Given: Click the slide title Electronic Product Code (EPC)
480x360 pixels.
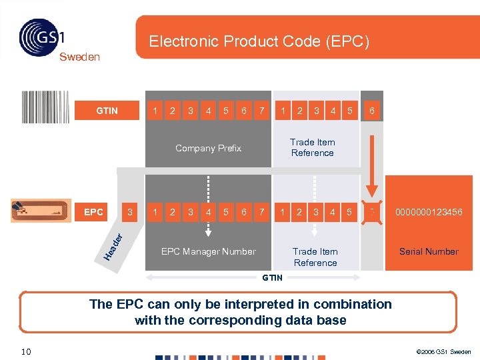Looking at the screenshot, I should (x=259, y=41).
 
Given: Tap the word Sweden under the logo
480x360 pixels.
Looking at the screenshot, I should (x=79, y=57).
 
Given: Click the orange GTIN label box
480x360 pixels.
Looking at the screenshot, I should (x=107, y=111).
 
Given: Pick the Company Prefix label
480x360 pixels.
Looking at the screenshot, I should (x=208, y=148).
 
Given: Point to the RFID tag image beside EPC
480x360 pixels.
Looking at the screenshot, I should (x=41, y=211).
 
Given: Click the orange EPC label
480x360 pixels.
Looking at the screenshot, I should (x=93, y=213).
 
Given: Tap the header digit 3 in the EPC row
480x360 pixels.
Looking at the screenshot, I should (x=131, y=213).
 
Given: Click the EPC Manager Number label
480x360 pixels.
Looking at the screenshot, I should (x=208, y=251).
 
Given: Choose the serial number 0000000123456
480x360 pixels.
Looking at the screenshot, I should (x=429, y=213).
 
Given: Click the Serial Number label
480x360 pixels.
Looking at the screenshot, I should (x=429, y=251).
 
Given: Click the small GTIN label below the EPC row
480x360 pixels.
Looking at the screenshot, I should (x=272, y=277).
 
